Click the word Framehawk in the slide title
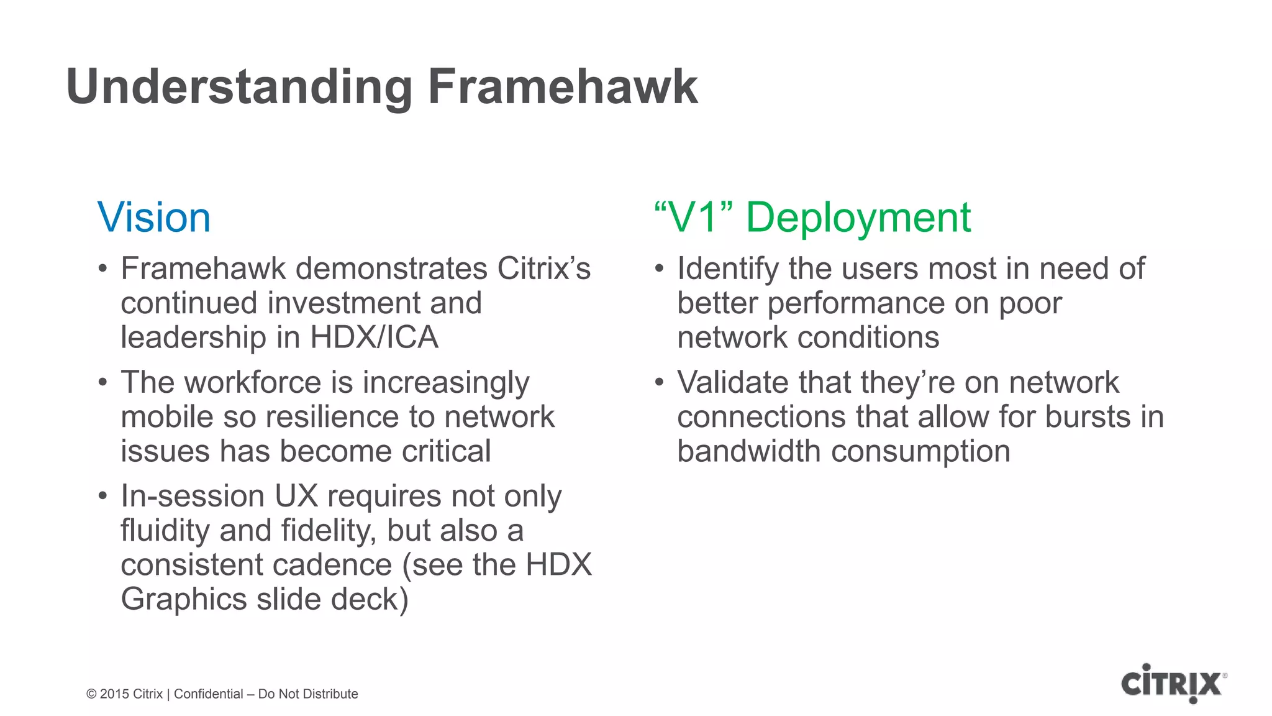[562, 87]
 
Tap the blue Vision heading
[154, 218]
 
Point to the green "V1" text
[694, 218]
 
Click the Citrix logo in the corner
[1173, 683]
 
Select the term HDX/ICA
[374, 337]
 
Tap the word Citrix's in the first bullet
[544, 268]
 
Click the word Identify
[727, 269]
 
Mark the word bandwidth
[748, 451]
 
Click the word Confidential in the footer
[209, 694]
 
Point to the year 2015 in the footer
[114, 694]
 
